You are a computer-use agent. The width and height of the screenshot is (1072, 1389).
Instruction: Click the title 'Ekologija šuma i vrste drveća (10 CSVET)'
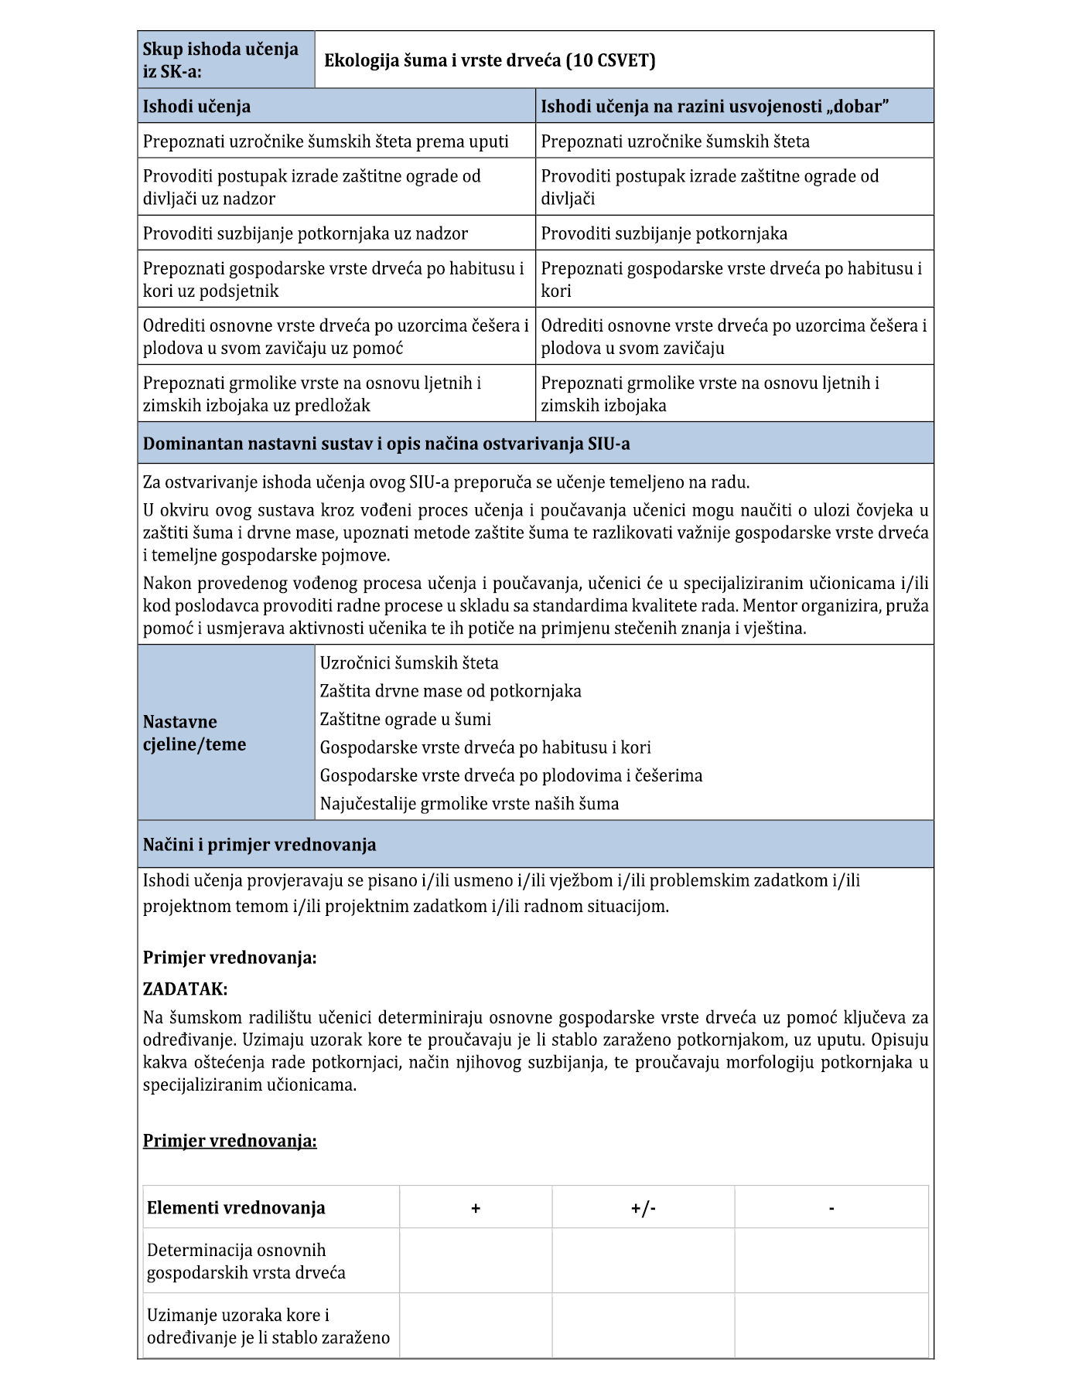[490, 60]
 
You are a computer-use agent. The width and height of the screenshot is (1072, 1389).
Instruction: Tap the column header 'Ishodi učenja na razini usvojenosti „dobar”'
[714, 106]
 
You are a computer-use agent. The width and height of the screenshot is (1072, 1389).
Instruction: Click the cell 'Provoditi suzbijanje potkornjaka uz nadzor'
[306, 233]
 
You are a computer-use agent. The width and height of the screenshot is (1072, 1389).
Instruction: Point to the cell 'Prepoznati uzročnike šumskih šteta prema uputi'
[326, 141]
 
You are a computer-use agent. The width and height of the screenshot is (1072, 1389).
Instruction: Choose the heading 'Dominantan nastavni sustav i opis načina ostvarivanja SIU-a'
[386, 444]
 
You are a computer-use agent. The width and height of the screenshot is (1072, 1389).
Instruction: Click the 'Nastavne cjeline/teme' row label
[194, 733]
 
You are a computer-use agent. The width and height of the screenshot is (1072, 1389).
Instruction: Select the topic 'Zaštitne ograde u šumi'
[405, 719]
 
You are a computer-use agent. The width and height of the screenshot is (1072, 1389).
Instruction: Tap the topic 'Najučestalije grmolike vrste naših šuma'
[469, 803]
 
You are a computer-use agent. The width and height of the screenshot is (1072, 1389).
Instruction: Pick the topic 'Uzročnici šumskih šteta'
[409, 662]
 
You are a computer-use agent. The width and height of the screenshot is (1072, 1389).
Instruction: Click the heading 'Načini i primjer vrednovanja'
[260, 844]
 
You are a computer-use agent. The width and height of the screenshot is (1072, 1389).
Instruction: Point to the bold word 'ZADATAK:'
[185, 989]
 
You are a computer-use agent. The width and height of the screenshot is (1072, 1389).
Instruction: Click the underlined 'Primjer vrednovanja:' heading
[230, 1141]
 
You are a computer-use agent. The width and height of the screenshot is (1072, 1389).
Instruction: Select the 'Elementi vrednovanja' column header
[236, 1207]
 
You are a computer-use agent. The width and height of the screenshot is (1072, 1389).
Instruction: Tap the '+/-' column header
[643, 1207]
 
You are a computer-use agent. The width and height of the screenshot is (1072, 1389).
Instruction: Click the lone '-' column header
[831, 1207]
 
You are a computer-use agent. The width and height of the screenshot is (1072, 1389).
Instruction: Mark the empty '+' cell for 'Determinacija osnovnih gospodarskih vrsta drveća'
[476, 1261]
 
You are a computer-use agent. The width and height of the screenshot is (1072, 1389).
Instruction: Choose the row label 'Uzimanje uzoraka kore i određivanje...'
[268, 1326]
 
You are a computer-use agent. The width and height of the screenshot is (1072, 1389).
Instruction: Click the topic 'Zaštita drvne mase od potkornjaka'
[450, 690]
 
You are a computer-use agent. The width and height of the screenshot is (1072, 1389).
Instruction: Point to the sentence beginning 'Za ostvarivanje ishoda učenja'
[446, 482]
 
